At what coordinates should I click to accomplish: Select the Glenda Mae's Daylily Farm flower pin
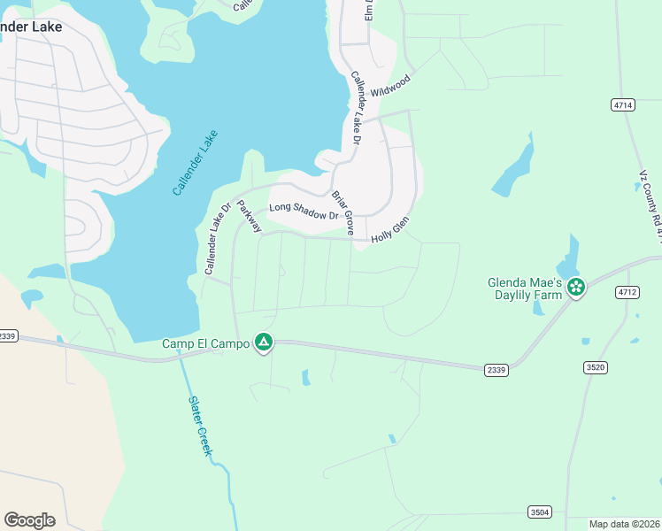[x=576, y=287]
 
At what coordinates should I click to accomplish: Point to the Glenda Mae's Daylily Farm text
[x=526, y=289]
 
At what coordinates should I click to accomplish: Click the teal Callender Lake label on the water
[x=195, y=163]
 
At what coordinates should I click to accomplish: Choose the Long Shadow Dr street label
[x=304, y=212]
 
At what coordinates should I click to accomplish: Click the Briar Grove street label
[x=343, y=212]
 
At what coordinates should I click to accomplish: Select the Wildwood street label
[x=390, y=86]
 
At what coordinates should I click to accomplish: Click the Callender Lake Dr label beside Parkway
[x=218, y=239]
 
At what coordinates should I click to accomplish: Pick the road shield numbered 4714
[x=623, y=104]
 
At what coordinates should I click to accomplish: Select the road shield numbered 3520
[x=595, y=366]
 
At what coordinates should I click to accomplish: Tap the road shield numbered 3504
[x=539, y=512]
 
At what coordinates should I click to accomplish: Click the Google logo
[x=29, y=519]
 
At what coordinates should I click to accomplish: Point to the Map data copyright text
[x=625, y=524]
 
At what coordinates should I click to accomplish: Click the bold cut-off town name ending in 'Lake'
[x=31, y=27]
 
